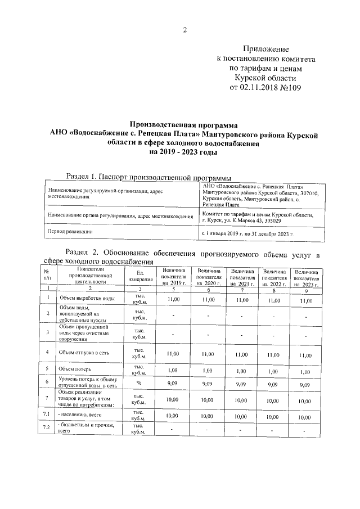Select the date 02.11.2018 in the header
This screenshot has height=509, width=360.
tap(263, 88)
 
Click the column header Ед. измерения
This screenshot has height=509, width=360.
tap(140, 276)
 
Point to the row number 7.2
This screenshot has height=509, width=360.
tap(47, 429)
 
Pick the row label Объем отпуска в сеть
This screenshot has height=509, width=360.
tap(84, 353)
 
